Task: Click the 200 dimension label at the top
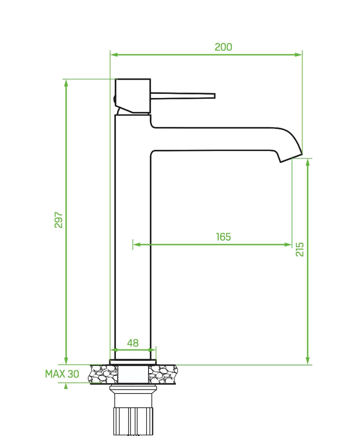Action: [x=223, y=47]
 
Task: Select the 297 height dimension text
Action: [x=59, y=220]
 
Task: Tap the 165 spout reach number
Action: [x=223, y=237]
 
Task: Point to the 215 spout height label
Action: [x=300, y=249]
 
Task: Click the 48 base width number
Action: [x=133, y=343]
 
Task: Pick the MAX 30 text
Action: [x=62, y=374]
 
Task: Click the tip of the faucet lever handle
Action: [x=213, y=96]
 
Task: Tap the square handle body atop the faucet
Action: [x=133, y=95]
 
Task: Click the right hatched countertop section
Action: [x=163, y=374]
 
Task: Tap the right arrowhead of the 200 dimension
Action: [x=299, y=54]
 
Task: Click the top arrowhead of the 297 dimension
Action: [x=66, y=82]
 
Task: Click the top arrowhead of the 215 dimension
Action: [x=308, y=162]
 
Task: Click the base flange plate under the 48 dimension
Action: [x=133, y=361]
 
